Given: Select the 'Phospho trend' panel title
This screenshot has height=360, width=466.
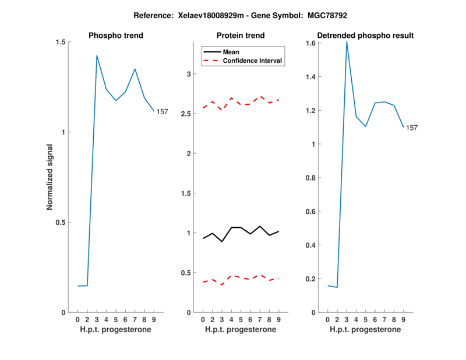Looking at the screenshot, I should (116, 36).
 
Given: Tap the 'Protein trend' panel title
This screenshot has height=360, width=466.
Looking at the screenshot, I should (241, 36).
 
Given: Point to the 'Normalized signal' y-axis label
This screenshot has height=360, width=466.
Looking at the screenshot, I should (50, 177).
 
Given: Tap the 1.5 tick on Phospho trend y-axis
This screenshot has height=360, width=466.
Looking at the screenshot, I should (59, 42).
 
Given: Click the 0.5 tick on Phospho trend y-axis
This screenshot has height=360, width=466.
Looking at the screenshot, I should (59, 222).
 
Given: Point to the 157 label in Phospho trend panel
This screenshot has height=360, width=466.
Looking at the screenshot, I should (162, 111).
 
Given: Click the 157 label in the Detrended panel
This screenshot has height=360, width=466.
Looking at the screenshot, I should (412, 128).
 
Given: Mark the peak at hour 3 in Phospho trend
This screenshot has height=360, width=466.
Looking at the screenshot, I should (97, 55).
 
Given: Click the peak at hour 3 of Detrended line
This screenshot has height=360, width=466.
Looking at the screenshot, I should (347, 42).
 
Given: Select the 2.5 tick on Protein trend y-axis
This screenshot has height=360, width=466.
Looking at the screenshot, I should (186, 114).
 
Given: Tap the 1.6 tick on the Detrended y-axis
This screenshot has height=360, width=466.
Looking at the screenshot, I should (310, 43).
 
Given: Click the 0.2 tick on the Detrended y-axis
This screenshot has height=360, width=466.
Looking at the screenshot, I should (310, 278).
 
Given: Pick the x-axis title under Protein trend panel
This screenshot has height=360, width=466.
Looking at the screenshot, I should (241, 330).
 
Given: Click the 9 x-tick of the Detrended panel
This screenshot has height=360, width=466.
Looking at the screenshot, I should (404, 319).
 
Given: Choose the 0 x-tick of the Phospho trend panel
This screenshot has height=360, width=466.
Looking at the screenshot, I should (78, 319).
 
